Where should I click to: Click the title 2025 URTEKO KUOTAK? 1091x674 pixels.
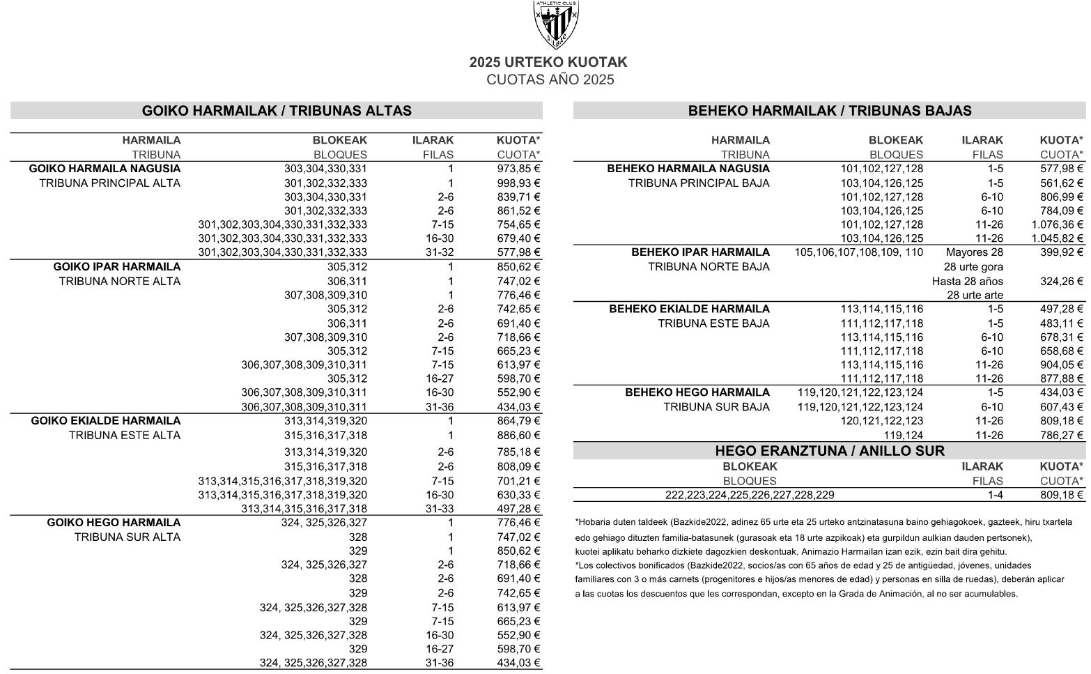548,62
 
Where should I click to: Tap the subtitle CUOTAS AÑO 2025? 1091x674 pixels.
550,79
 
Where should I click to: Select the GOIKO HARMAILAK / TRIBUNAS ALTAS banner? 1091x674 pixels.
277,111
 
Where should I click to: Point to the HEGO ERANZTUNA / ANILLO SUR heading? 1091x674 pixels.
830,451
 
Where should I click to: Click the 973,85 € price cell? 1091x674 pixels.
518,169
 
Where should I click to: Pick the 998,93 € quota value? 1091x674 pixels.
518,183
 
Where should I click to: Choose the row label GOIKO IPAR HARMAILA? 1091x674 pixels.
117,267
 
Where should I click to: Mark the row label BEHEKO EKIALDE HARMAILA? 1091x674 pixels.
689,309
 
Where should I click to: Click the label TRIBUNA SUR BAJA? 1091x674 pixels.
716,407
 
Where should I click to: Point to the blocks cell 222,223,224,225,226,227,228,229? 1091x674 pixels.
750,495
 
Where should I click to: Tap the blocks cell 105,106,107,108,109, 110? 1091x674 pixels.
858,252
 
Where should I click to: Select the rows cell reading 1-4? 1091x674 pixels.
995,495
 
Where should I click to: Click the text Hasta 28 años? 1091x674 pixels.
968,282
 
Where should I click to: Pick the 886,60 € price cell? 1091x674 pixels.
518,436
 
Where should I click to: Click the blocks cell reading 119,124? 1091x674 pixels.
903,436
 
